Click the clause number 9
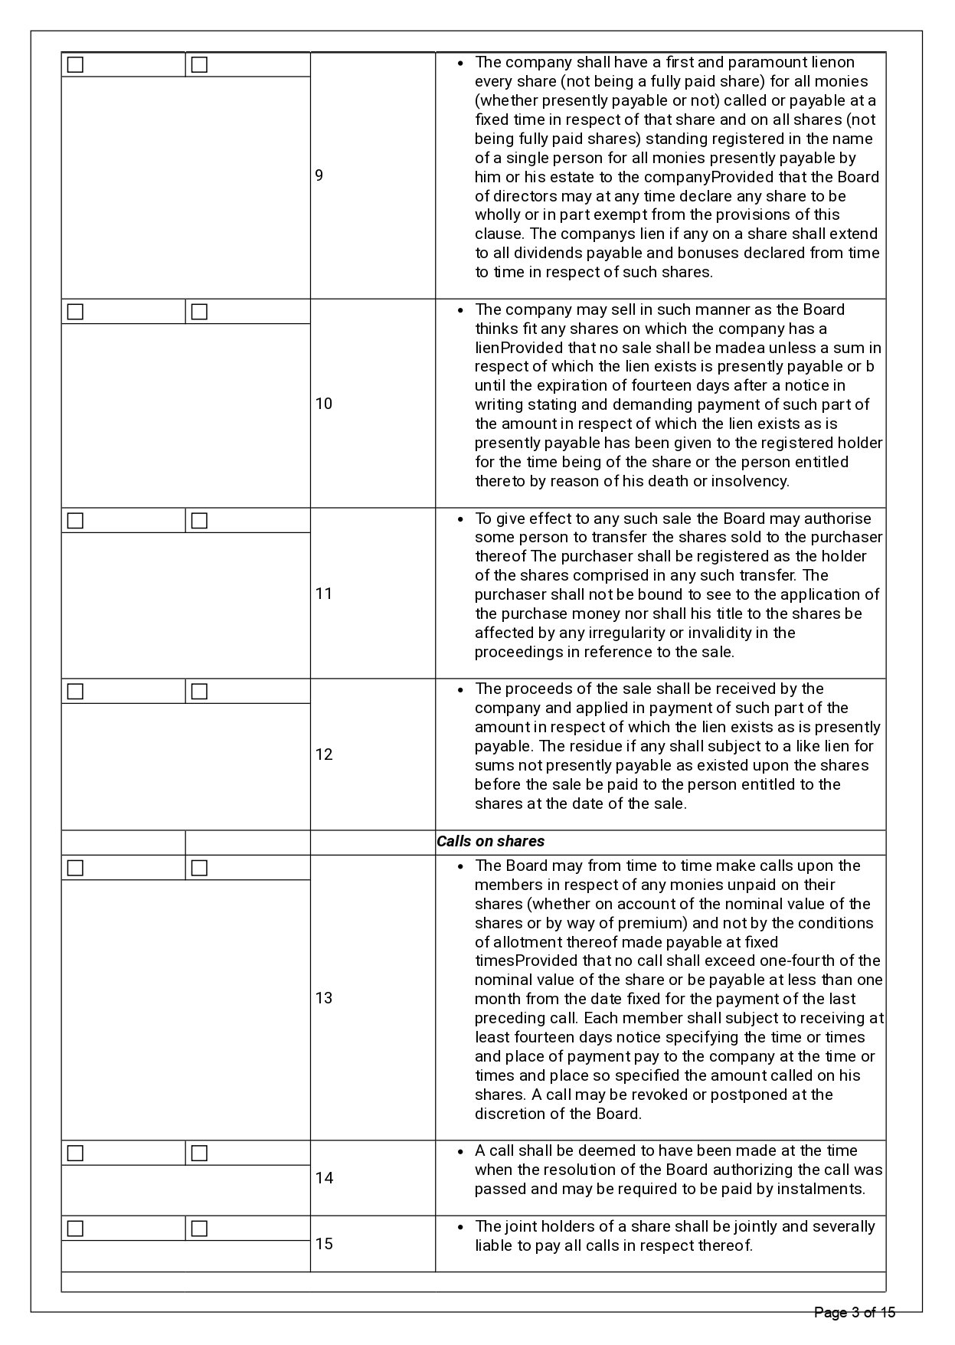tap(319, 176)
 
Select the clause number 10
tap(324, 404)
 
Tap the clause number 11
tap(324, 594)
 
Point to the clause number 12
tap(324, 754)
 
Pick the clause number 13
tap(324, 998)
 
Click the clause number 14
tap(324, 1178)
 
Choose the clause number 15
tap(324, 1243)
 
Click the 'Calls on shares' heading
tap(490, 841)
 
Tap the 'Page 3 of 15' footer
tap(854, 1313)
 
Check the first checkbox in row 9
tap(75, 65)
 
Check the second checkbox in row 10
tap(199, 312)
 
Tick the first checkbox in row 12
tap(75, 692)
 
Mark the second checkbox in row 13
tap(199, 868)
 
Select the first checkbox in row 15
tap(75, 1229)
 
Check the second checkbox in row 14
tap(199, 1153)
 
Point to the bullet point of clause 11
tap(460, 519)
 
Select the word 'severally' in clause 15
tap(842, 1226)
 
